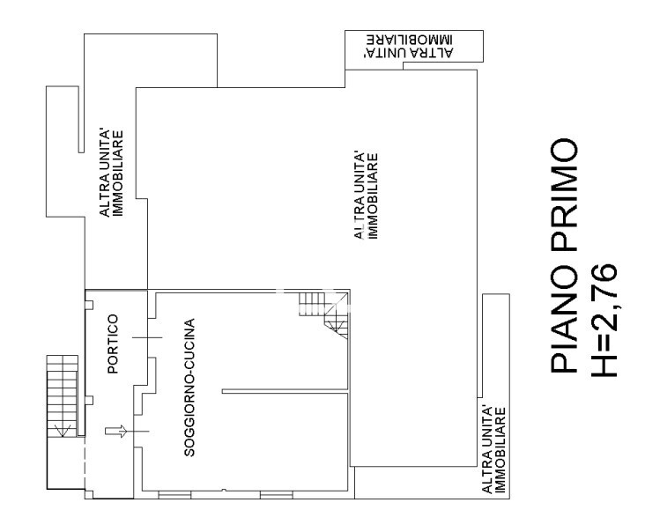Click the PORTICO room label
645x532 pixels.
(x=113, y=344)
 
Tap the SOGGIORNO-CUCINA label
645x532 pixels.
(x=189, y=388)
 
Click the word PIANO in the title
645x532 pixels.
(x=564, y=319)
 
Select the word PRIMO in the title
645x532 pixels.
(x=564, y=196)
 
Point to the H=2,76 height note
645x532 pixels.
(x=604, y=319)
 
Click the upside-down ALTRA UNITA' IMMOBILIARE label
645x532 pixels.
(x=409, y=46)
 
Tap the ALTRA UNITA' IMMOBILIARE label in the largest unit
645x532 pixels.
(x=366, y=196)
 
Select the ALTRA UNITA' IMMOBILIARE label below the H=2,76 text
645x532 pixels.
(x=493, y=450)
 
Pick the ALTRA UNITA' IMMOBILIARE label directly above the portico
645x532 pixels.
(x=111, y=174)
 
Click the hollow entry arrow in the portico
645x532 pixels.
(x=116, y=432)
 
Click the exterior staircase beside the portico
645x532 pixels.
(x=62, y=395)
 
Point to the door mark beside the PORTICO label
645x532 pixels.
(x=147, y=337)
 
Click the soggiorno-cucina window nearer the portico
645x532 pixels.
(x=174, y=495)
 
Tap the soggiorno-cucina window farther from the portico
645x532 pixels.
(x=277, y=495)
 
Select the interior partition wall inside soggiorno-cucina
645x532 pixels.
(x=285, y=391)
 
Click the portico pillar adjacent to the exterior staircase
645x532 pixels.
(x=89, y=401)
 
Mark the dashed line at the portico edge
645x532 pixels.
(x=85, y=463)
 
